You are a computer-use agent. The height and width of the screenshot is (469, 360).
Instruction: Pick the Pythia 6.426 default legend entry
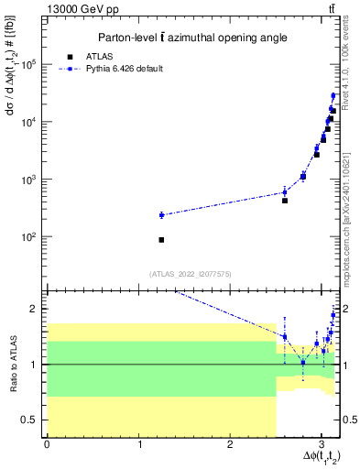[x=124, y=69]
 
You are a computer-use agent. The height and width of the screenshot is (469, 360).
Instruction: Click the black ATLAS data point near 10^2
[x=161, y=240]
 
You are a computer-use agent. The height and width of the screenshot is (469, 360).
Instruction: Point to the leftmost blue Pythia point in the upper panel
[x=161, y=215]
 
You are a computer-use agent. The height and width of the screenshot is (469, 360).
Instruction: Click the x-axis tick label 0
[x=47, y=444]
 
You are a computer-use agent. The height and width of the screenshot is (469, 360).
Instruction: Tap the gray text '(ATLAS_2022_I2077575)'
[x=191, y=273]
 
